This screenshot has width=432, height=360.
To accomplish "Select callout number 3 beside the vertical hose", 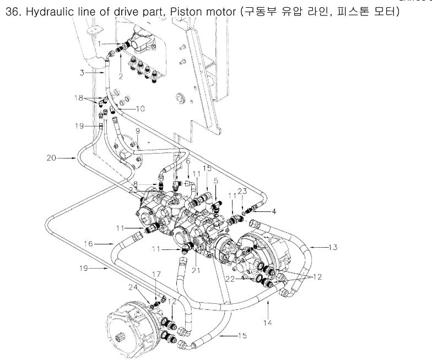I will [x=81, y=72].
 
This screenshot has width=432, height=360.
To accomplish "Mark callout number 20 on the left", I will [x=51, y=158].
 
